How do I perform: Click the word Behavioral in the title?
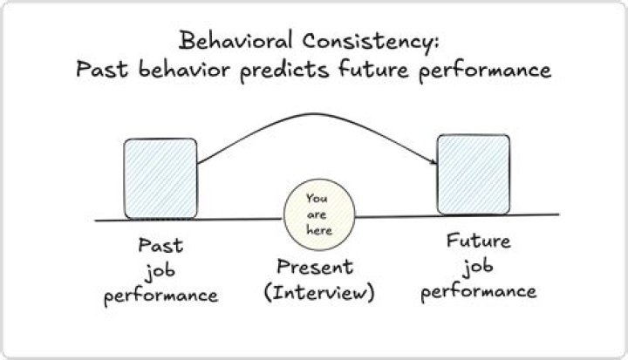235,40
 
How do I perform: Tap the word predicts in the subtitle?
284,71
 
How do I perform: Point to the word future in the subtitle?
373,69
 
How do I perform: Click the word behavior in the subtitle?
184,69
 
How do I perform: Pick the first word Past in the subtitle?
102,69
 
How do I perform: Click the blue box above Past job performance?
160,179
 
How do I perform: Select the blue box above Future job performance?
474,174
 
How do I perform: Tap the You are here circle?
319,214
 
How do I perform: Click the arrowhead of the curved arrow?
433,161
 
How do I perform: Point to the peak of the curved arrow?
314,114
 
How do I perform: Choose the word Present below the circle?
315,267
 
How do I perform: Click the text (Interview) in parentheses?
319,292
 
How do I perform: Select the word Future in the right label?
479,241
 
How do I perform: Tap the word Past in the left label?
160,245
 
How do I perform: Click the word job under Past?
160,271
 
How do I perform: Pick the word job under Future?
478,267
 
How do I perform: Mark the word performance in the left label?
160,296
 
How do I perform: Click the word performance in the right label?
479,292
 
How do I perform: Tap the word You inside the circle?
317,198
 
